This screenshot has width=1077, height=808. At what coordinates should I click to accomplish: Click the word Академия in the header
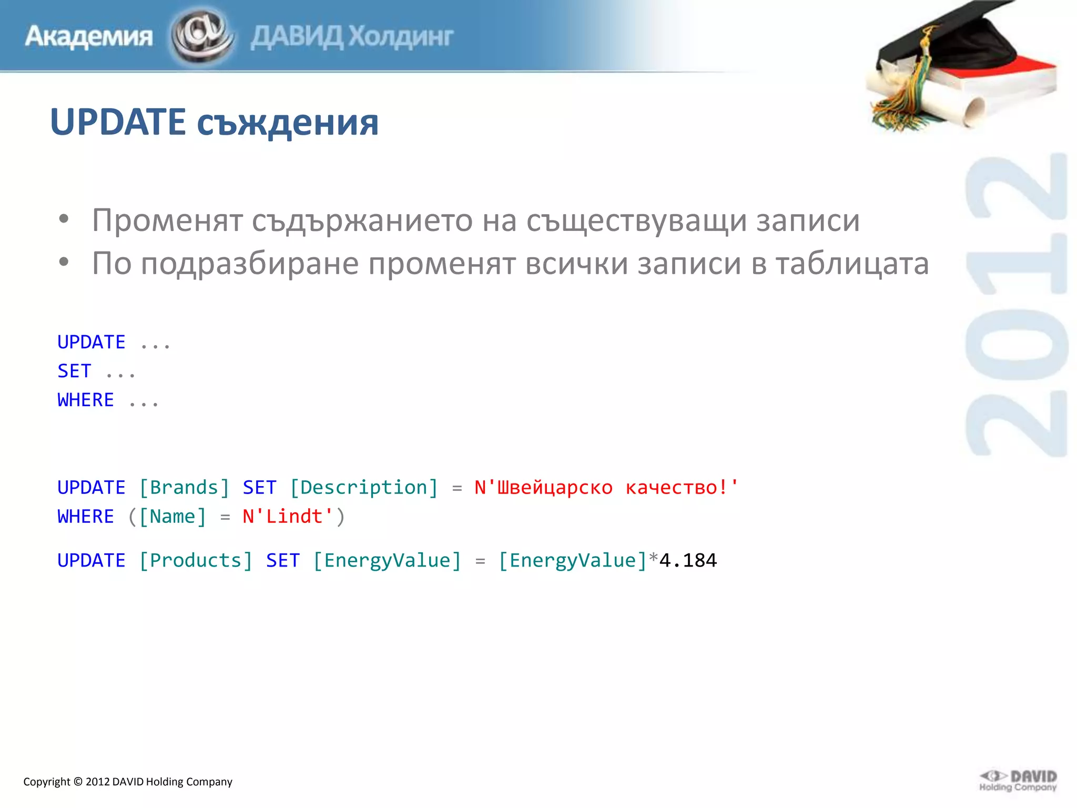point(88,36)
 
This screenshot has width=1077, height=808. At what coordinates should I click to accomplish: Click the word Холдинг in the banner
point(401,36)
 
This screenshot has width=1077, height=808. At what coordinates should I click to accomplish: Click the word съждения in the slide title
point(288,123)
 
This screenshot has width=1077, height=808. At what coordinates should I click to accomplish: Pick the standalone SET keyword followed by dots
point(74,371)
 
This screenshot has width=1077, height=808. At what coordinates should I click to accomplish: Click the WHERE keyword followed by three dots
point(86,400)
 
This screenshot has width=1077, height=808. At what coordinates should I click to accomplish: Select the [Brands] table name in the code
point(184,488)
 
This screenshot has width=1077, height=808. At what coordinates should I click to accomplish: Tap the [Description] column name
point(364,488)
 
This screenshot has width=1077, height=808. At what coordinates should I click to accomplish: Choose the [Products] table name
point(196,561)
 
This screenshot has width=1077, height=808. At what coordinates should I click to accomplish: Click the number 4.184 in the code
point(688,561)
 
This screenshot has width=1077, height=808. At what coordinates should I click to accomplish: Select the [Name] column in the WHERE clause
point(172,517)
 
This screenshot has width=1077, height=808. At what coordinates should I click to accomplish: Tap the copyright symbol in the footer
point(78,782)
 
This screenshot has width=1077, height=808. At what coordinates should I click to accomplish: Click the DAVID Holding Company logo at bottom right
point(1018,781)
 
